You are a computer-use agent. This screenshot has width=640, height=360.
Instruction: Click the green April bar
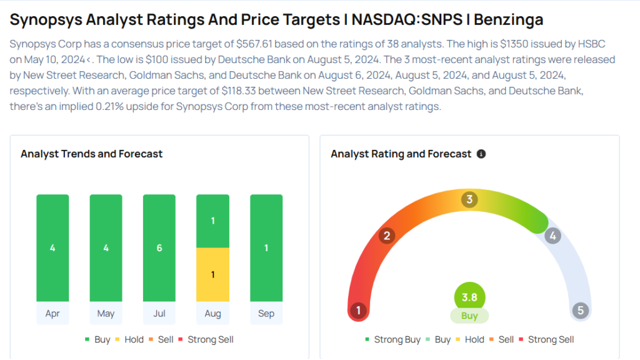pyautogui.click(x=52, y=248)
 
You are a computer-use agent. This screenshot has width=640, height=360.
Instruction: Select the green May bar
pyautogui.click(x=106, y=248)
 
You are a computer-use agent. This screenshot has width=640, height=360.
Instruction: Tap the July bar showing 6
pyautogui.click(x=159, y=248)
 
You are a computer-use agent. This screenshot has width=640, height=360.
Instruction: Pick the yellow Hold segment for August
pyautogui.click(x=212, y=275)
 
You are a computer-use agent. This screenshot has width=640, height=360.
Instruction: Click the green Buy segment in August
pyautogui.click(x=212, y=221)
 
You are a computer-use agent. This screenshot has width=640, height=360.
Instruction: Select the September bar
pyautogui.click(x=266, y=248)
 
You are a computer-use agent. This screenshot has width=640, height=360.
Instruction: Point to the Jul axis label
pyautogui.click(x=159, y=313)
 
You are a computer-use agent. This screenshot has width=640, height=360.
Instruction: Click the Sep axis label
pyautogui.click(x=266, y=313)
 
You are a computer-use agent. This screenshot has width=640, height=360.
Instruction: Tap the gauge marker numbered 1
pyautogui.click(x=358, y=310)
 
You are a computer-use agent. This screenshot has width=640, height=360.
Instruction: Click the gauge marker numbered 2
pyautogui.click(x=387, y=236)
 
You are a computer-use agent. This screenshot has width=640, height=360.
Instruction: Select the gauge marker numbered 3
pyautogui.click(x=469, y=200)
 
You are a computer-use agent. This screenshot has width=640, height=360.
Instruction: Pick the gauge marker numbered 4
pyautogui.click(x=552, y=236)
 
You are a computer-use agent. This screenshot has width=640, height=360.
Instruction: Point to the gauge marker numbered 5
pyautogui.click(x=581, y=310)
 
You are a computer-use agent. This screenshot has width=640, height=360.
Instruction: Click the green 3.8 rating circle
pyautogui.click(x=469, y=297)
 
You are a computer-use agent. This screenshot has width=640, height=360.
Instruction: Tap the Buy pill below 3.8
pyautogui.click(x=469, y=316)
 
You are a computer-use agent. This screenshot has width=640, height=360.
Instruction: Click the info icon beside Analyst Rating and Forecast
pyautogui.click(x=481, y=154)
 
